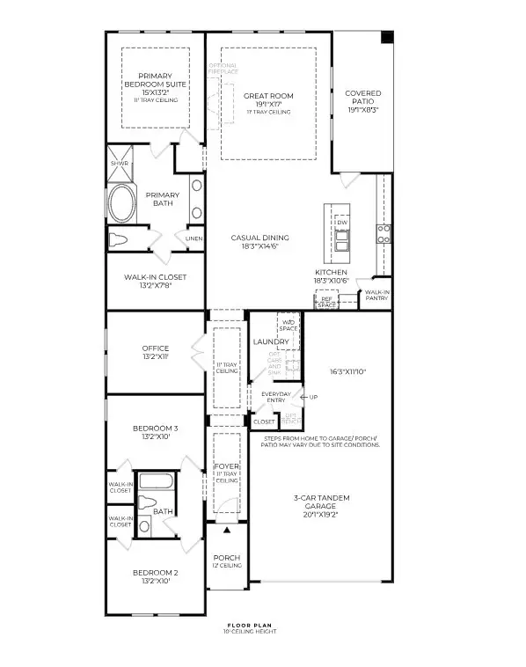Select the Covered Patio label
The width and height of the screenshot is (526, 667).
[362, 97]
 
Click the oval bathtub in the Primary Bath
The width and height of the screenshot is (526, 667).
[123, 203]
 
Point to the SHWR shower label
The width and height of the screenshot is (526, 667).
[119, 163]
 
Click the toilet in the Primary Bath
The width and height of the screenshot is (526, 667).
[120, 239]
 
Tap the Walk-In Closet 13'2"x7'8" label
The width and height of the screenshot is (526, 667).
[154, 280]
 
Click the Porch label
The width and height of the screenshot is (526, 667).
[227, 558]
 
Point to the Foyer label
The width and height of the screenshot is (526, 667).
[227, 465]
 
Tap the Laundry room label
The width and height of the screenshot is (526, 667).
[265, 341]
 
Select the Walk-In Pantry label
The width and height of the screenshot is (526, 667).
[377, 295]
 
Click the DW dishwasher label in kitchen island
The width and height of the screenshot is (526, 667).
[342, 223]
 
